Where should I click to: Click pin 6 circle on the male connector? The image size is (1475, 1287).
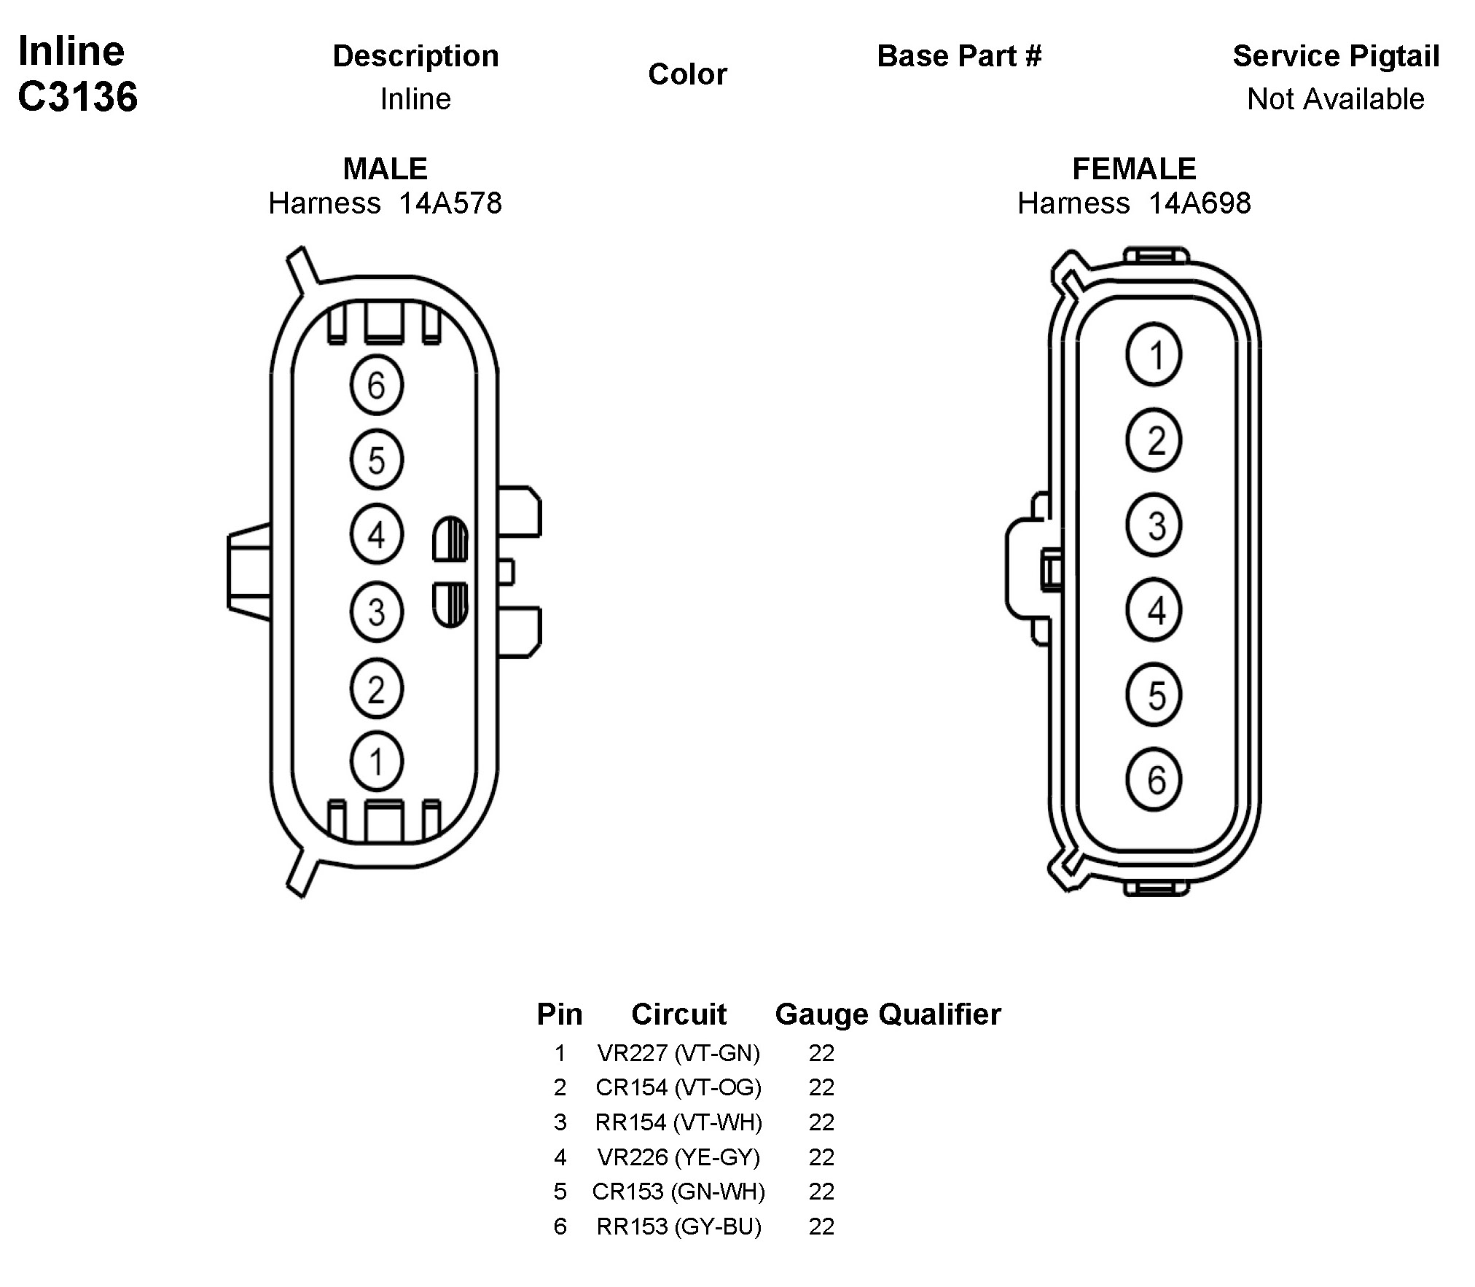click(x=376, y=385)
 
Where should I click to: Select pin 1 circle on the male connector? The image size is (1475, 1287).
click(x=376, y=762)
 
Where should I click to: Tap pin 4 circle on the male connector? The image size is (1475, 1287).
click(x=376, y=535)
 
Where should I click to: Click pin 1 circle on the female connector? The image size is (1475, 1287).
click(x=1154, y=356)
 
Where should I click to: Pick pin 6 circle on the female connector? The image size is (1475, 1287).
click(x=1154, y=780)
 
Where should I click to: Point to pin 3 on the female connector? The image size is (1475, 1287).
click(x=1154, y=525)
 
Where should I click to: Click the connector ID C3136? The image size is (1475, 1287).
click(x=77, y=96)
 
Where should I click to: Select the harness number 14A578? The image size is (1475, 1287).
click(x=450, y=203)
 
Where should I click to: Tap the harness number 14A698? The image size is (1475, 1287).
click(x=1200, y=203)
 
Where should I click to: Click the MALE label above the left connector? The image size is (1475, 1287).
click(x=385, y=169)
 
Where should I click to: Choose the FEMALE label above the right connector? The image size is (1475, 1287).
click(x=1134, y=169)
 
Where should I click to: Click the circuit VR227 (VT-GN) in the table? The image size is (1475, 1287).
click(x=678, y=1053)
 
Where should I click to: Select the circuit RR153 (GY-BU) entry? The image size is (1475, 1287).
click(x=678, y=1227)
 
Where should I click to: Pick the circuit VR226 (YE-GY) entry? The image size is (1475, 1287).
click(x=678, y=1157)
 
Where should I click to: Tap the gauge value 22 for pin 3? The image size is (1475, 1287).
click(x=821, y=1122)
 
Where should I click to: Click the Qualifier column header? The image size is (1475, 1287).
click(x=939, y=1014)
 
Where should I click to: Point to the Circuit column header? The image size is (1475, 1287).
click(x=678, y=1014)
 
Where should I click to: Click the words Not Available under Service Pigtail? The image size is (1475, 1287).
click(x=1335, y=99)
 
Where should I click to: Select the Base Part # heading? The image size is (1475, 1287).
click(x=959, y=56)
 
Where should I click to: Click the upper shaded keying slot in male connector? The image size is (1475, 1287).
click(x=450, y=539)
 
